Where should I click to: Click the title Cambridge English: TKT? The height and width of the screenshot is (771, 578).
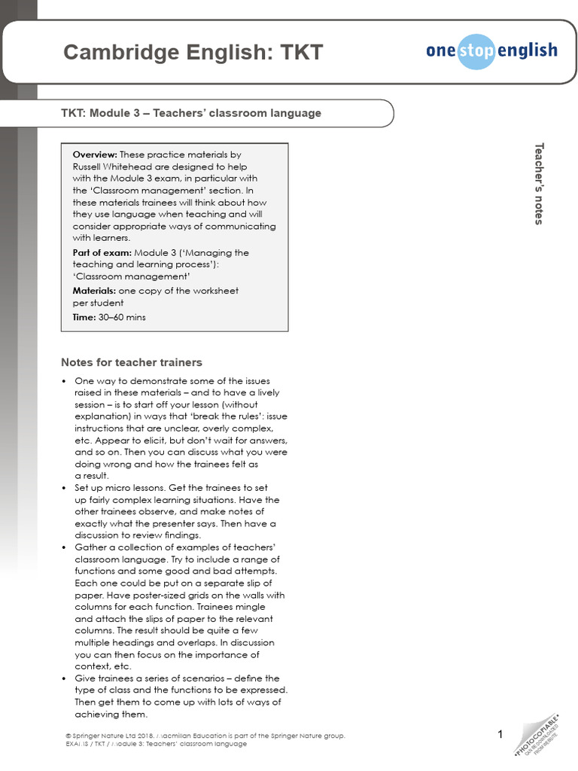193,53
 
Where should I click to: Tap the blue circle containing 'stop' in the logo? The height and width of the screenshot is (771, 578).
476,51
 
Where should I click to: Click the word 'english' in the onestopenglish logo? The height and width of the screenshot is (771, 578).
526,50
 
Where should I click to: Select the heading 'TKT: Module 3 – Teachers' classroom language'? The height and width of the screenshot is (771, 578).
191,113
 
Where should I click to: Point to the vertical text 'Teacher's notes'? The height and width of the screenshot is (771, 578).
538,183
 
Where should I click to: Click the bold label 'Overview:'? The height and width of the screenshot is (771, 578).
95,154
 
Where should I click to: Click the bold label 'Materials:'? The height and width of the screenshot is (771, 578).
95,290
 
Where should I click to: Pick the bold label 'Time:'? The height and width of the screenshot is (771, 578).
84,317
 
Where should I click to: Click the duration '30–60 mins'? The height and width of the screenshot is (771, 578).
122,317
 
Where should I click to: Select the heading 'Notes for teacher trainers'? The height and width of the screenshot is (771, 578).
131,362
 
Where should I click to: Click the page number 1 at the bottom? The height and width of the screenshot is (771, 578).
500,734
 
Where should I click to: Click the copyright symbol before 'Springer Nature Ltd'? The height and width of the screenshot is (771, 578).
68,735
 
